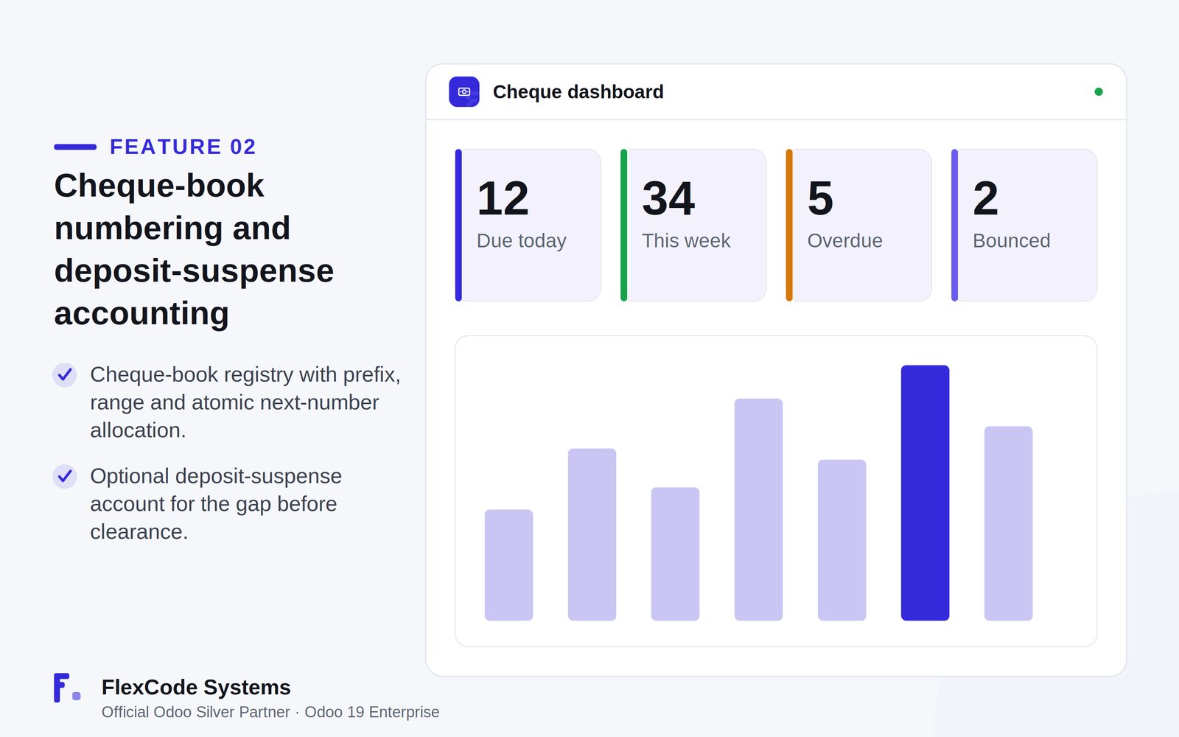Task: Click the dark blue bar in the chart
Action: point(925,493)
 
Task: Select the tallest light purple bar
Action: point(758,509)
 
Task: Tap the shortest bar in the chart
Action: point(508,565)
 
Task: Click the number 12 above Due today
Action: point(503,198)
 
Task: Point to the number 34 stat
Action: point(668,198)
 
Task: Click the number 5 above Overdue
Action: point(821,198)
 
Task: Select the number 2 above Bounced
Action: point(985,198)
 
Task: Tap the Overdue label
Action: point(844,240)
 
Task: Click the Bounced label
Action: point(1011,240)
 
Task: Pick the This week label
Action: point(686,240)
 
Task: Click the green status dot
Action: point(1099,91)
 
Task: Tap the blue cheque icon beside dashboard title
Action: point(463,91)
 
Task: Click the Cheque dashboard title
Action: point(578,92)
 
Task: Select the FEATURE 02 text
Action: point(183,147)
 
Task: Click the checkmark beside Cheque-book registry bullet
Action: point(65,375)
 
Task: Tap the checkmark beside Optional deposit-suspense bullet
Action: point(65,476)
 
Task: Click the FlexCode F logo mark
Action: point(67,688)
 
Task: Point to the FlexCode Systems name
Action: point(196,687)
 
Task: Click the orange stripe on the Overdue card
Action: point(789,226)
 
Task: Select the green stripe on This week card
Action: point(623,226)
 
